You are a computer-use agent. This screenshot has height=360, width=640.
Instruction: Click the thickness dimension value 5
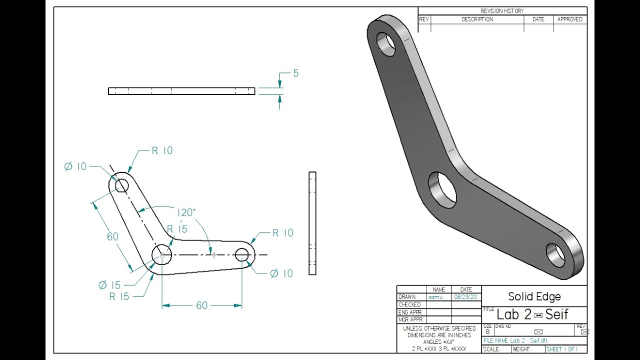click(295, 73)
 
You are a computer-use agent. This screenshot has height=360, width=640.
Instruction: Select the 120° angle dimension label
click(186, 212)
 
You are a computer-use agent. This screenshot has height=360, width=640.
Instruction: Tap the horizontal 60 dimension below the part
click(201, 305)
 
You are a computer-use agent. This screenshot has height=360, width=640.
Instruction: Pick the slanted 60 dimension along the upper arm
click(113, 236)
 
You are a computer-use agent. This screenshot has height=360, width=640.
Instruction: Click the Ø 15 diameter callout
click(109, 285)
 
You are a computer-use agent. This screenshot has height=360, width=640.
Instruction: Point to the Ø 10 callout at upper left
click(75, 166)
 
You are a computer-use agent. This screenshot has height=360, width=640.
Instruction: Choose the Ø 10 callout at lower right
click(281, 273)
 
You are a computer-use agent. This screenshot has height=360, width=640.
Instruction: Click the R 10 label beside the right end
click(282, 233)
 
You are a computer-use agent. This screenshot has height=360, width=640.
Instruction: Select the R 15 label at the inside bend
click(177, 229)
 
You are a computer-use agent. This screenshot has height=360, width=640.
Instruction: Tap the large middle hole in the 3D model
click(442, 189)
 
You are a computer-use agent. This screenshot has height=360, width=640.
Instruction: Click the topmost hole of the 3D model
click(386, 44)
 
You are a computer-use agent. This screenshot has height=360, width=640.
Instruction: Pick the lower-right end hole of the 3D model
click(555, 255)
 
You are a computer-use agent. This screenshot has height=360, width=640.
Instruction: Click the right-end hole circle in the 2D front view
click(242, 254)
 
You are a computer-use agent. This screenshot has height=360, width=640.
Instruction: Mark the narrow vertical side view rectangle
click(312, 223)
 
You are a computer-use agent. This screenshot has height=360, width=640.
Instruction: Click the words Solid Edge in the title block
click(534, 296)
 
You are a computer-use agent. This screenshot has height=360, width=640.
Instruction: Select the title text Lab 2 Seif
click(532, 314)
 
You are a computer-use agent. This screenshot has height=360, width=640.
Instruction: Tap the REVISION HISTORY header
click(502, 11)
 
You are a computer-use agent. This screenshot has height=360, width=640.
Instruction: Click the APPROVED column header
click(570, 19)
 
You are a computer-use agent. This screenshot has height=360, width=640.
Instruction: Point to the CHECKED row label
click(409, 304)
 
